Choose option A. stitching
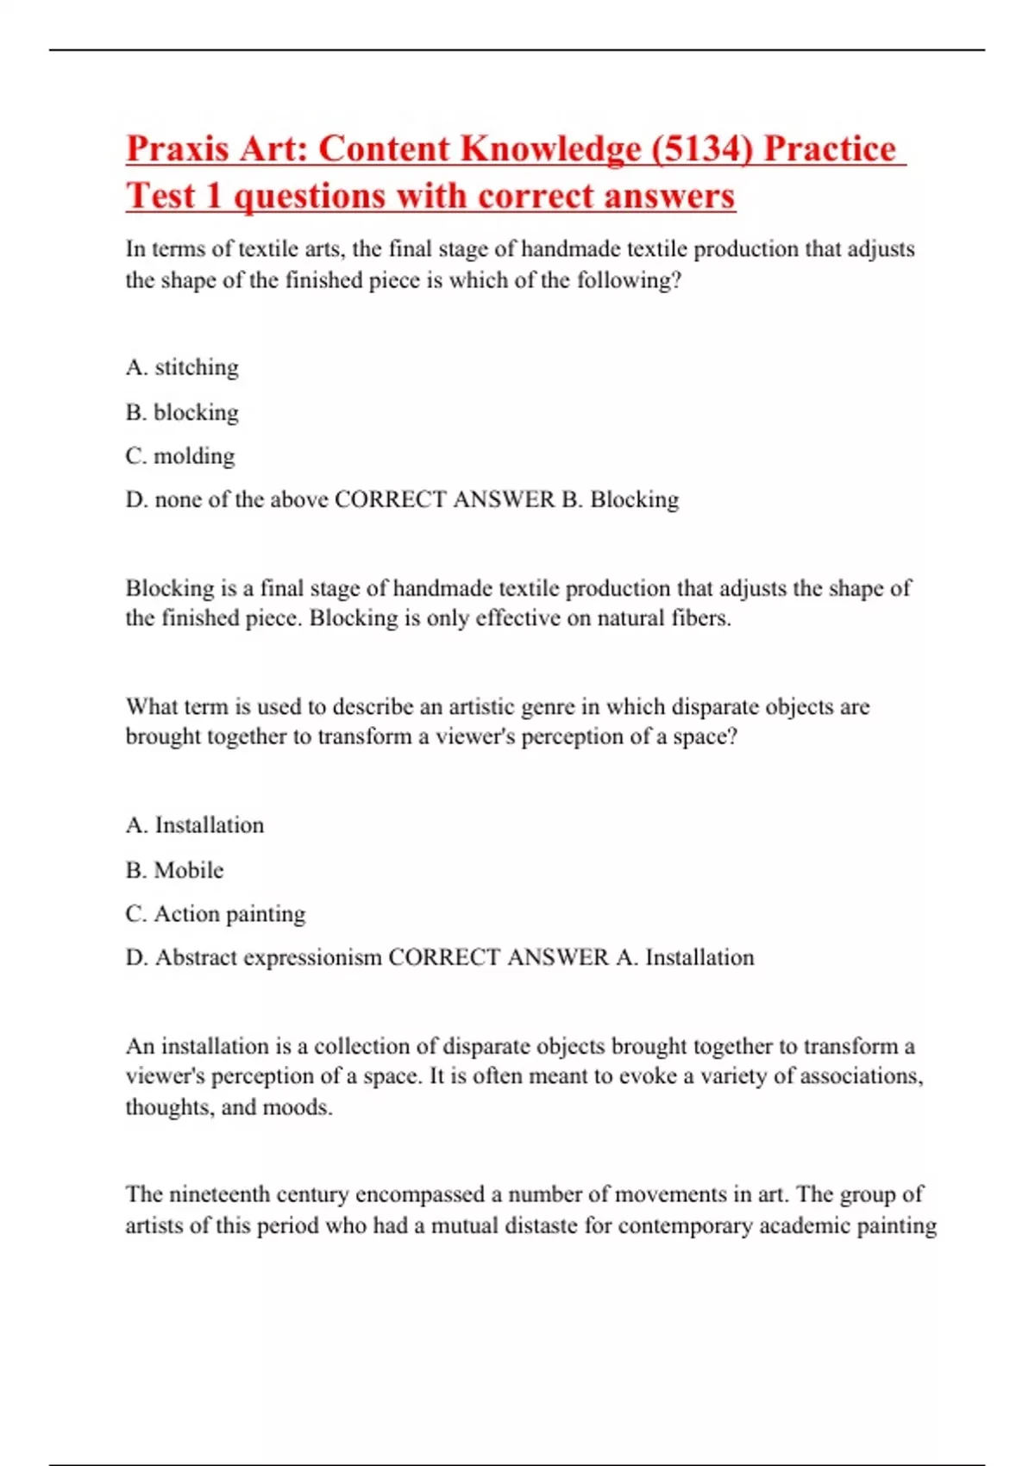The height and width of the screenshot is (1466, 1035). pyautogui.click(x=182, y=367)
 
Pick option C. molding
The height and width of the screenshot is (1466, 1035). pyautogui.click(x=179, y=455)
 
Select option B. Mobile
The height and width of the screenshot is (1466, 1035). pyautogui.click(x=174, y=870)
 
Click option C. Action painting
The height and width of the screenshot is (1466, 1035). pyautogui.click(x=216, y=914)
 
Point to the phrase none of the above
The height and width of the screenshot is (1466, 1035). pyautogui.click(x=241, y=500)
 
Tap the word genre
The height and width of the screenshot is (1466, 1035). pyautogui.click(x=548, y=707)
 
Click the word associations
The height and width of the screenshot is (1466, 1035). pyautogui.click(x=862, y=1076)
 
